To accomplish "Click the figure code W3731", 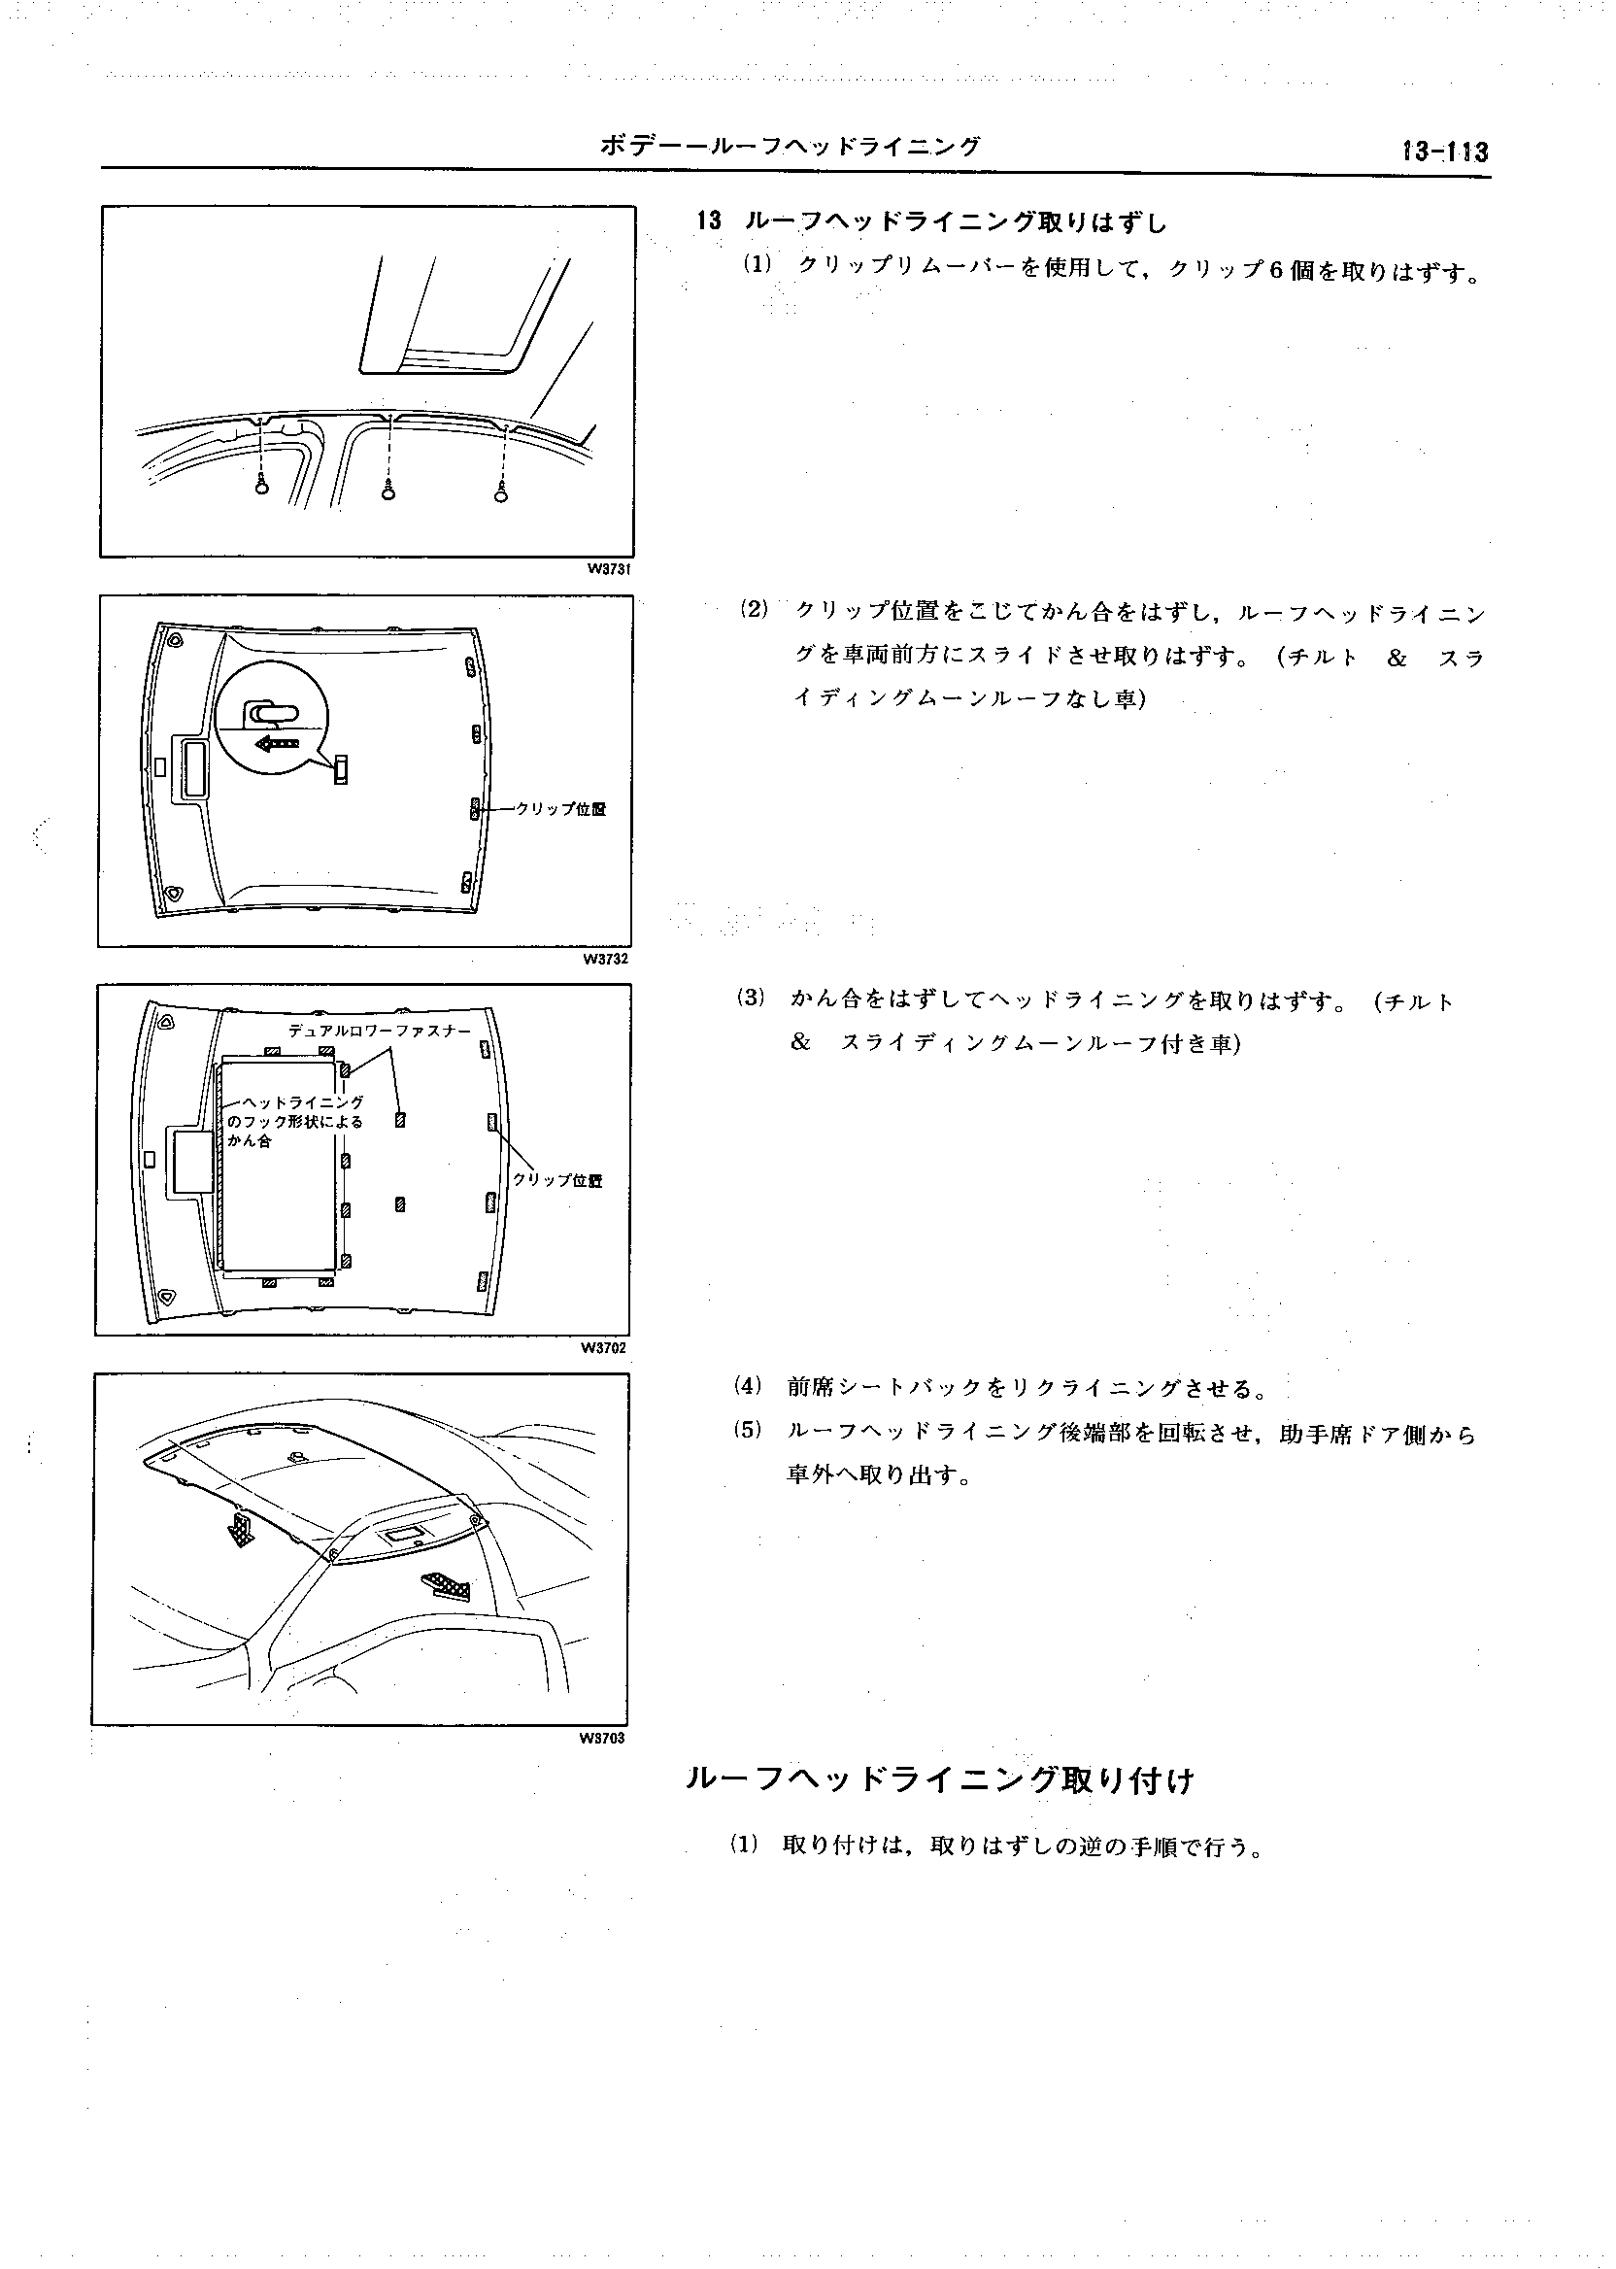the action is [x=609, y=569].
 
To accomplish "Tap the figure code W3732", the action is [x=605, y=960].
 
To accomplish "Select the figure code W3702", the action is [x=604, y=1348].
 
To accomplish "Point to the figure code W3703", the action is [x=602, y=1740].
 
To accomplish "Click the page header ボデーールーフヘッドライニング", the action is [x=791, y=148].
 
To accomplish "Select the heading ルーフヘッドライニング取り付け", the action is [x=939, y=1779].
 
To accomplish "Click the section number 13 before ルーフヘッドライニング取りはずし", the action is [x=709, y=220].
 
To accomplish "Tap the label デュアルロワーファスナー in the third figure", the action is [x=379, y=1031].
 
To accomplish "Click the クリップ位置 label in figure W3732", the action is [x=560, y=809].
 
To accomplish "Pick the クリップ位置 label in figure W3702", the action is [x=557, y=1180].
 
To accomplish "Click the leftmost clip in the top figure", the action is [x=261, y=486].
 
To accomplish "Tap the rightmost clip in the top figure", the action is [x=501, y=491].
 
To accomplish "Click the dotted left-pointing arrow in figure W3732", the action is [x=278, y=742].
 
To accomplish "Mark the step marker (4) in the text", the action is [x=746, y=1385].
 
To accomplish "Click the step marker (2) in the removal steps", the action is [x=755, y=609].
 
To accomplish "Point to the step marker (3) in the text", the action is [x=751, y=998].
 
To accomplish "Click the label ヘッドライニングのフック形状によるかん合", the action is [x=295, y=1122].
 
